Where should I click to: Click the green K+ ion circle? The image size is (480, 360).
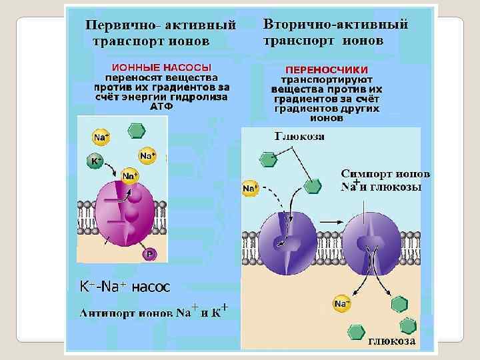[x=95, y=161]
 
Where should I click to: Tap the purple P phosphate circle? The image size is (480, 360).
[x=151, y=253]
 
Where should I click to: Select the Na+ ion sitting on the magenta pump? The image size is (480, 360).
[x=129, y=176]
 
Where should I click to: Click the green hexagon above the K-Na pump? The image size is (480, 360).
[x=136, y=130]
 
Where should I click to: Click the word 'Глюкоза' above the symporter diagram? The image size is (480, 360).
[x=300, y=137]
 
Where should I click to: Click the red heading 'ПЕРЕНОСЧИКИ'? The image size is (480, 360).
[x=327, y=69]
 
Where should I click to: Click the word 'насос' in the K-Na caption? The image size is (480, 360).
[x=150, y=287]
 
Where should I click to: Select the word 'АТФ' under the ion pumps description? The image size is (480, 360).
[x=161, y=106]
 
